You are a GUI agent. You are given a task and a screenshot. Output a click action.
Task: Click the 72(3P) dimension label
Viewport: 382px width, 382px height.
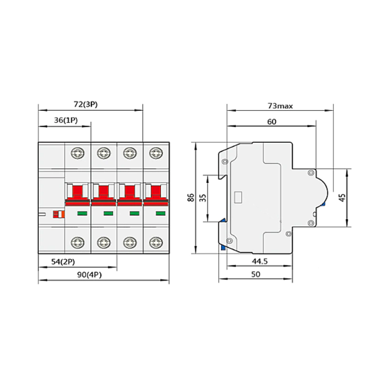click(x=85, y=105)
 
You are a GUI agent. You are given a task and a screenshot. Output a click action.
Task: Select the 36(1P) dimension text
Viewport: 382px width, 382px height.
click(x=65, y=120)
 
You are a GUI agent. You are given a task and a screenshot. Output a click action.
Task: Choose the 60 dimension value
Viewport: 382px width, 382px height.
click(x=271, y=122)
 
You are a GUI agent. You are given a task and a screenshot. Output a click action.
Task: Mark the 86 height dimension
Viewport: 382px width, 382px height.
click(x=190, y=198)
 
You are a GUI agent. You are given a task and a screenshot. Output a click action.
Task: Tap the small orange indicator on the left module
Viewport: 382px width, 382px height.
click(x=59, y=214)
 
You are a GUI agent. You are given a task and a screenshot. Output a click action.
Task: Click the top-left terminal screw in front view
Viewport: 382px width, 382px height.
click(x=78, y=152)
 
